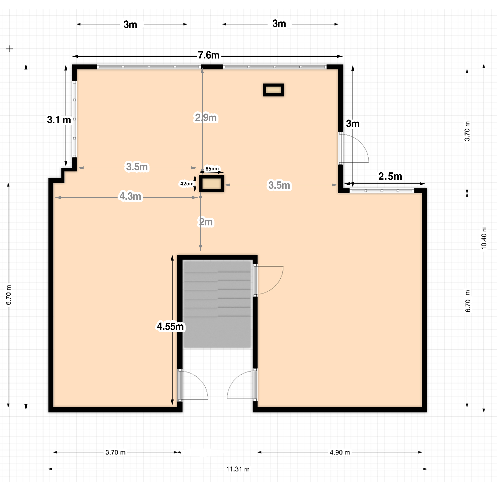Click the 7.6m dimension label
click(208, 55)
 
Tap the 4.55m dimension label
click(170, 326)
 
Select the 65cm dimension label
click(212, 169)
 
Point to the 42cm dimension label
click(187, 183)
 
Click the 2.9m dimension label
click(206, 118)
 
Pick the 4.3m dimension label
click(130, 196)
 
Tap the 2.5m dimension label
click(390, 176)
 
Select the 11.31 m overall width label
click(238, 469)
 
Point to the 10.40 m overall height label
click(484, 238)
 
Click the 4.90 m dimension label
click(340, 452)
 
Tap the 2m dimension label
click(206, 222)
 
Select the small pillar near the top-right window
click(274, 90)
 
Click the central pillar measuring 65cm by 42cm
click(211, 183)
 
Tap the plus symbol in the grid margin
click(10, 49)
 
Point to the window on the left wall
click(74, 119)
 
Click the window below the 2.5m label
click(382, 191)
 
